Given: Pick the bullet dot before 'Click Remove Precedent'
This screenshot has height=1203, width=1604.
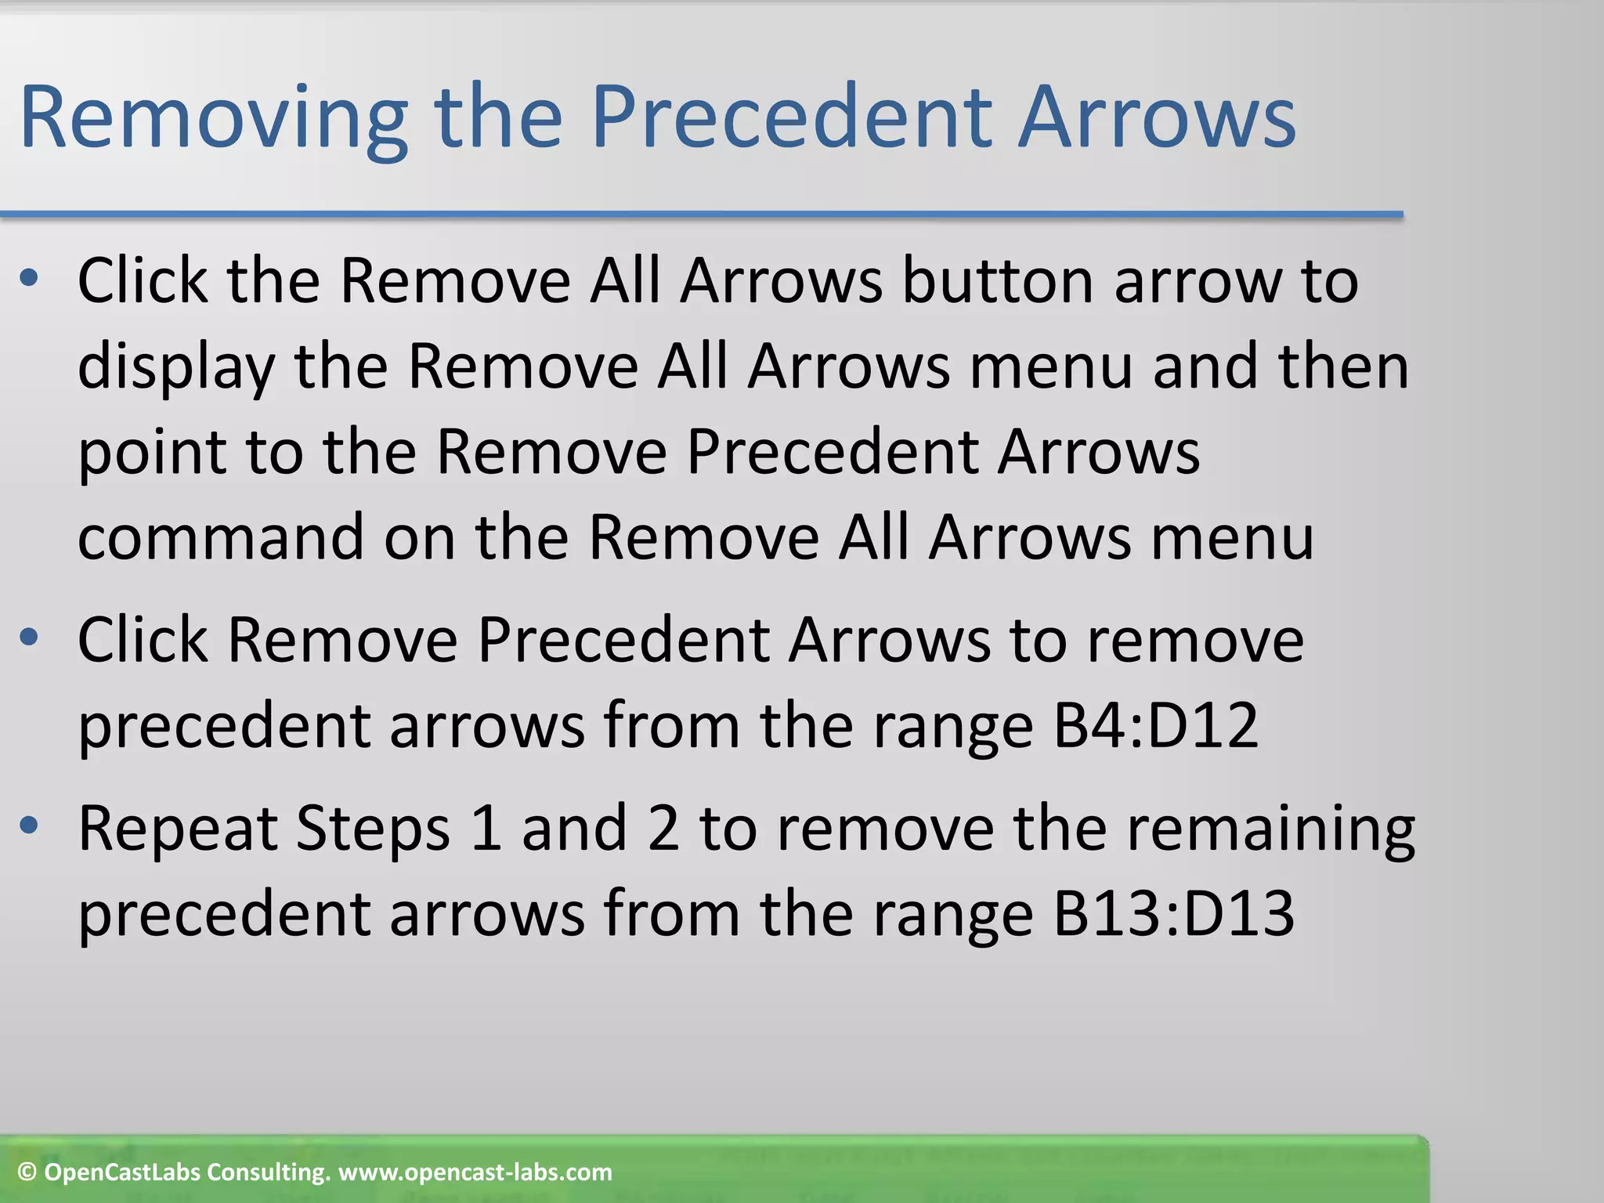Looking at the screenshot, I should point(29,638).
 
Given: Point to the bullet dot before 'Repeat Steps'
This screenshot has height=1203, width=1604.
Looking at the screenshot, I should point(29,825).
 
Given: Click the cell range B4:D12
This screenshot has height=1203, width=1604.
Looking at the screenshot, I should point(1155,724).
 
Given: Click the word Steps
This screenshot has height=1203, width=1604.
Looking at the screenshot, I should point(373,829).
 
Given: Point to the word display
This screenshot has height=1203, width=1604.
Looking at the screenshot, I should point(177,368).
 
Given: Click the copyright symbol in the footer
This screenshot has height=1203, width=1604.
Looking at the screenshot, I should point(27,1172).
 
